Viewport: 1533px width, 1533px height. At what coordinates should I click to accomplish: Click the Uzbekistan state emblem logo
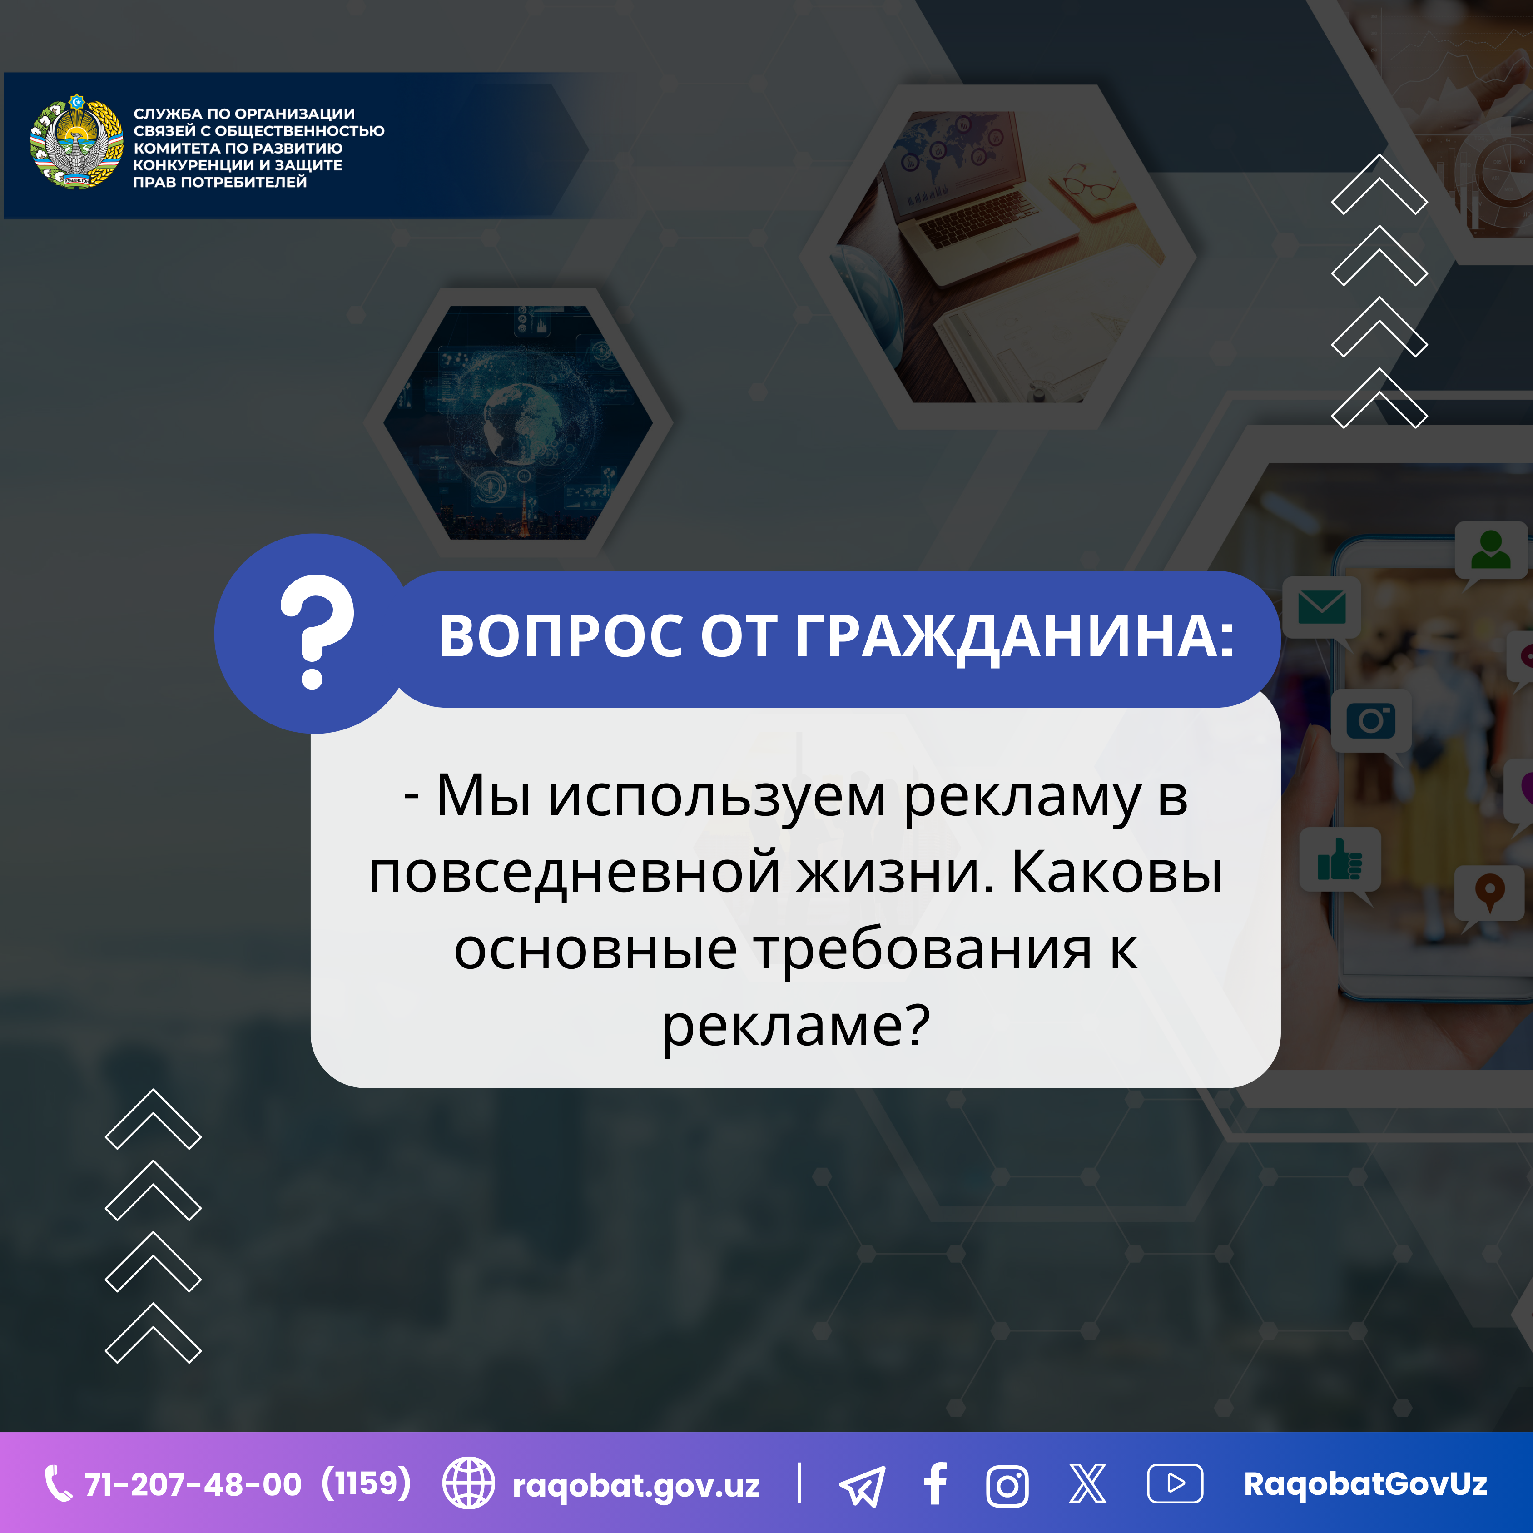coord(77,141)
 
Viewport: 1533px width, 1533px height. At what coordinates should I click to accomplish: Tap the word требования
coord(923,950)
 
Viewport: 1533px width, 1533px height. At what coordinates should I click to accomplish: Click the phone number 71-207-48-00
coord(193,1484)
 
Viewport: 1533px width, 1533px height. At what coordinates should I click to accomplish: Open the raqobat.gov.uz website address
coord(636,1485)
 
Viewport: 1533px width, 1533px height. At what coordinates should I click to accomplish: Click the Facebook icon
coord(936,1484)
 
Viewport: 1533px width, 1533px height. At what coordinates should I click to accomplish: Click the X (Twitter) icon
coord(1087,1483)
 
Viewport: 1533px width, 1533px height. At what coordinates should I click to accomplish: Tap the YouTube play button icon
coord(1175,1483)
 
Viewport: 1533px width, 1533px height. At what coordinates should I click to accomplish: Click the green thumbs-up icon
coord(1340,859)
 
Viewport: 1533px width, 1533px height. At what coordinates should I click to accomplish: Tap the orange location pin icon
coord(1490,893)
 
